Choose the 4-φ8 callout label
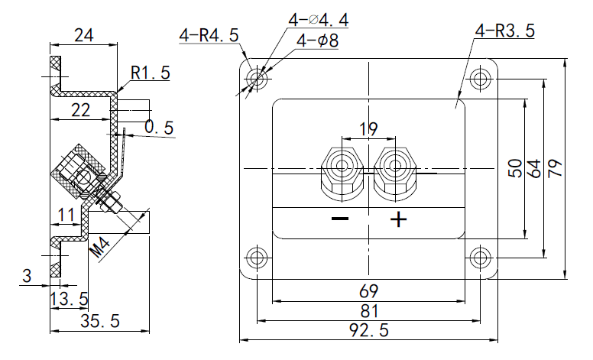click(317, 41)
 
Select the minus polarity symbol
click(340, 220)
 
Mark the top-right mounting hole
click(481, 78)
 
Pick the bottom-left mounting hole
click(258, 258)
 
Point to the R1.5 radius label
click(150, 73)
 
